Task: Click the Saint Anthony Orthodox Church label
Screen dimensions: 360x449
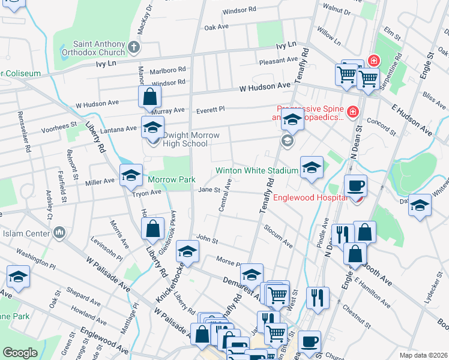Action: point(98,48)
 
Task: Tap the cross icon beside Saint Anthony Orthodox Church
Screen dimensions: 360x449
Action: point(134,46)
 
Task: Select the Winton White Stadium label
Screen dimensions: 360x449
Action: point(258,171)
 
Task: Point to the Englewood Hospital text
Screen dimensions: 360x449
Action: point(310,197)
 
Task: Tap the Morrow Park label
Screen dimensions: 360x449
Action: point(172,180)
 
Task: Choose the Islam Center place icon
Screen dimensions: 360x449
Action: point(59,232)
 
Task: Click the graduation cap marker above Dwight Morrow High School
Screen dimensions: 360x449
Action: point(152,127)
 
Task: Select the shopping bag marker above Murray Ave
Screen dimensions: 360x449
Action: point(149,96)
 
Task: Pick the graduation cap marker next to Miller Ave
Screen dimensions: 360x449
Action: point(131,175)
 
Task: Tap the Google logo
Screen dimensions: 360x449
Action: point(20,353)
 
